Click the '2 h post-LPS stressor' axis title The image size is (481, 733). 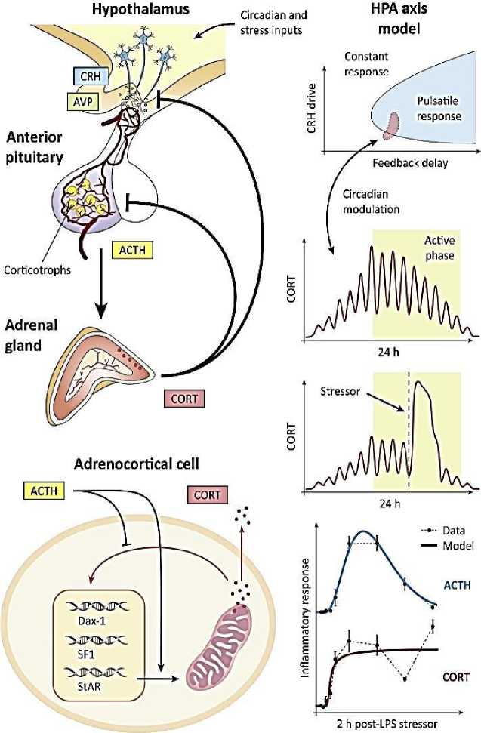tap(387, 723)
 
